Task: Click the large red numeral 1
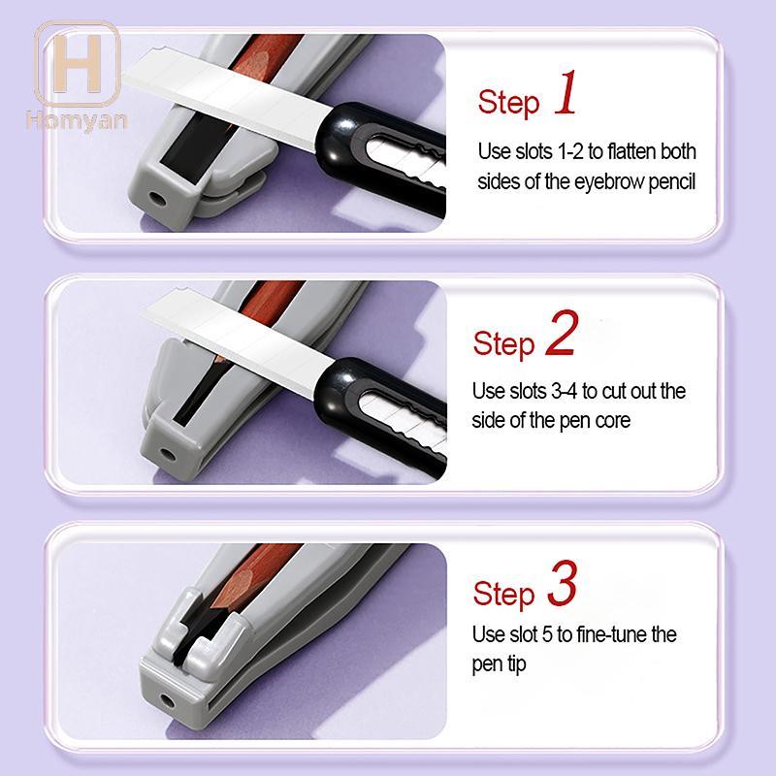click(x=566, y=92)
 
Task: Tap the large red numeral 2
click(x=562, y=333)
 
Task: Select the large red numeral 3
click(x=563, y=583)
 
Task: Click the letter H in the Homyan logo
click(x=78, y=64)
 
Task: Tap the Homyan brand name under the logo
click(x=77, y=121)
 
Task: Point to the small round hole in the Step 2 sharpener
click(x=168, y=453)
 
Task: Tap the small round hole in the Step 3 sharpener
click(x=167, y=700)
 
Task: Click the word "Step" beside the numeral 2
click(x=503, y=343)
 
